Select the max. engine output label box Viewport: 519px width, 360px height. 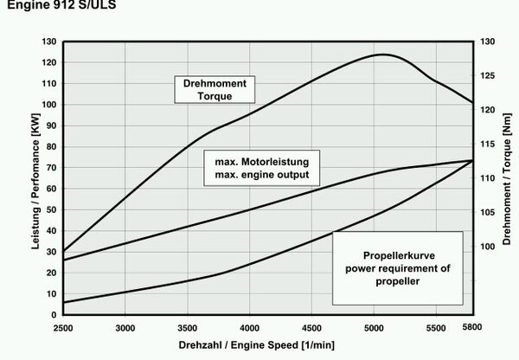click(x=262, y=168)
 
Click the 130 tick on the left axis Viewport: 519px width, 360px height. click(x=48, y=42)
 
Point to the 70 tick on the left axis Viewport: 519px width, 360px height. click(x=51, y=168)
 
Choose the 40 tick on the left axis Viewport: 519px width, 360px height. click(x=51, y=231)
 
